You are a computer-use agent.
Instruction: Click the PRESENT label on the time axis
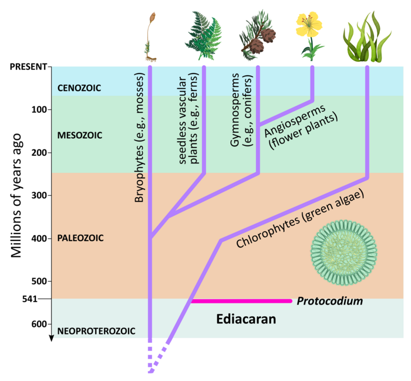pos(29,67)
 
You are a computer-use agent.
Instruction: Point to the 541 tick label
pos(30,299)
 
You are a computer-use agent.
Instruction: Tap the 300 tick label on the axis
pos(39,195)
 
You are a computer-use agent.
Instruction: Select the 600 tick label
pos(39,325)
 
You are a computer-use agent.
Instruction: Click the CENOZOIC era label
pos(79,88)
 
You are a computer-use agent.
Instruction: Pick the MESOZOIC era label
pos(80,135)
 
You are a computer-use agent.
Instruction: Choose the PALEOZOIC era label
pos(80,238)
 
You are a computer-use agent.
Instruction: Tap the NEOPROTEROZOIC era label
pos(96,331)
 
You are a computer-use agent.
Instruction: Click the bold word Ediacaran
pos(246,319)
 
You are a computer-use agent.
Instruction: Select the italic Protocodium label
pos(330,301)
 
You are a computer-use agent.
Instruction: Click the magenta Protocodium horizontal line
pos(241,301)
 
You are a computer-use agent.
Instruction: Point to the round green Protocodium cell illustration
pos(344,253)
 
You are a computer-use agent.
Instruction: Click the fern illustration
pos(203,35)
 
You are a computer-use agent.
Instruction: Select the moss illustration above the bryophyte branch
pos(150,36)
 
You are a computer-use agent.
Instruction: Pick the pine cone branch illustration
pos(257,35)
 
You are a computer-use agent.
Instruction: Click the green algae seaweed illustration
pos(367,36)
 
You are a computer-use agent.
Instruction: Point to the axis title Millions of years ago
pos(16,195)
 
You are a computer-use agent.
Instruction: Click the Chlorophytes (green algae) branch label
pos(300,219)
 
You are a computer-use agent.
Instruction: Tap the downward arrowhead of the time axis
pos(52,338)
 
